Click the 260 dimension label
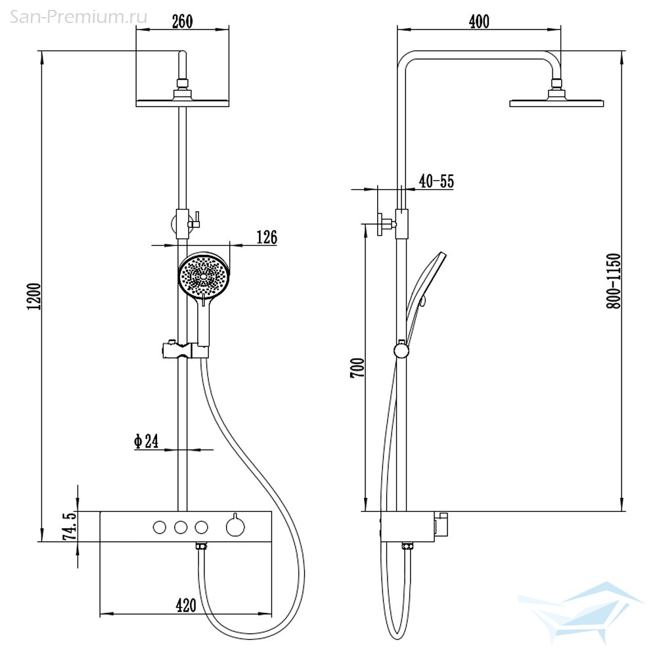(183, 22)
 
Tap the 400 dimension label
(479, 22)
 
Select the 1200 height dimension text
(34, 296)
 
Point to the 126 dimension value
(267, 237)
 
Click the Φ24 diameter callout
(147, 441)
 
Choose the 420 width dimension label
(186, 605)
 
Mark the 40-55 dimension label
(437, 181)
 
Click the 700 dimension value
(357, 368)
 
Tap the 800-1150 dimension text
(614, 281)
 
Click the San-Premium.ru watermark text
(78, 17)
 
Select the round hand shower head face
(204, 276)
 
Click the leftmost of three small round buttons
(160, 527)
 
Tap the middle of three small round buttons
(181, 527)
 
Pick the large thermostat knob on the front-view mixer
(235, 526)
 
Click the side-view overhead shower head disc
(556, 103)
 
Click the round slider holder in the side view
(401, 350)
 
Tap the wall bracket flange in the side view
(380, 224)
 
